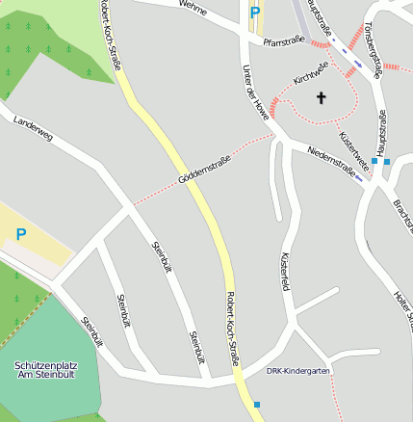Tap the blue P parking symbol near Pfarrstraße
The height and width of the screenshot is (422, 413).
click(x=255, y=13)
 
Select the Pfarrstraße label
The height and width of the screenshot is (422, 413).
click(x=283, y=40)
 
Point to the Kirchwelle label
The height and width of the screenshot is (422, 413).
click(x=311, y=72)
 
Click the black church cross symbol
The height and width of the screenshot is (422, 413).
click(x=321, y=96)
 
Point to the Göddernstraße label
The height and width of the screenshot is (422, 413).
click(x=204, y=170)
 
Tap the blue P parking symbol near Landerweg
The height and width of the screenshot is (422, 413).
click(x=20, y=234)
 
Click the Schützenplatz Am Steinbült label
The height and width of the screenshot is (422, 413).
click(x=44, y=371)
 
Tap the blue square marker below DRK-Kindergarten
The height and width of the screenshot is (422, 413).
click(x=257, y=405)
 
